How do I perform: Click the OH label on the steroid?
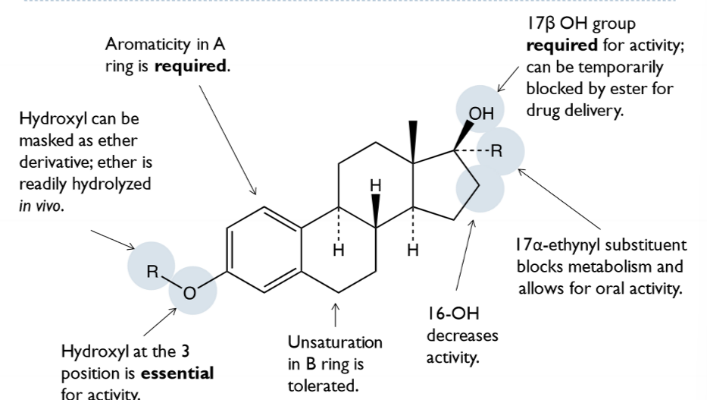tap(480, 115)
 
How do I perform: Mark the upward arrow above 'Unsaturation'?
tap(335, 313)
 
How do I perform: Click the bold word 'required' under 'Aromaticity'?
tap(195, 66)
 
